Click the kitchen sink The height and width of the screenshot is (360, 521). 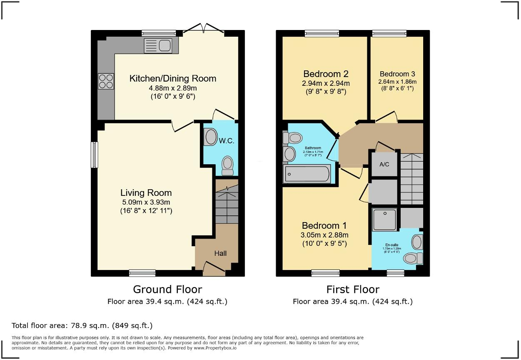(158, 45)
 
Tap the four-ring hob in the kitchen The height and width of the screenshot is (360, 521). (106, 81)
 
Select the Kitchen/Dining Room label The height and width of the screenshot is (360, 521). (173, 78)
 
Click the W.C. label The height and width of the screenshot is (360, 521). (227, 141)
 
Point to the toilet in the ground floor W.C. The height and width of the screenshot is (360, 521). (228, 166)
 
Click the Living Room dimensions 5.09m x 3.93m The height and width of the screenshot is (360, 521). (146, 202)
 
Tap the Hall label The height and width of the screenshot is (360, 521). (220, 253)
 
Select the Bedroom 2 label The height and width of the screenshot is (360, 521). (326, 74)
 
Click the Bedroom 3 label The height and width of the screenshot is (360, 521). (397, 74)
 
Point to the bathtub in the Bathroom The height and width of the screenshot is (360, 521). (307, 173)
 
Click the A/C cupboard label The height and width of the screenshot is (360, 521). (384, 164)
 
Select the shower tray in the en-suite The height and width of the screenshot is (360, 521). (384, 220)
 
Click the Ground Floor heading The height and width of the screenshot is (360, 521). (167, 289)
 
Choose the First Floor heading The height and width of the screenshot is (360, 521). (353, 289)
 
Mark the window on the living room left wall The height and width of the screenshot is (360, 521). (95, 155)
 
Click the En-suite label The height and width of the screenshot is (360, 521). (391, 245)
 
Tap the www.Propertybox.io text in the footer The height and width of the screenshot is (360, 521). (215, 347)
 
